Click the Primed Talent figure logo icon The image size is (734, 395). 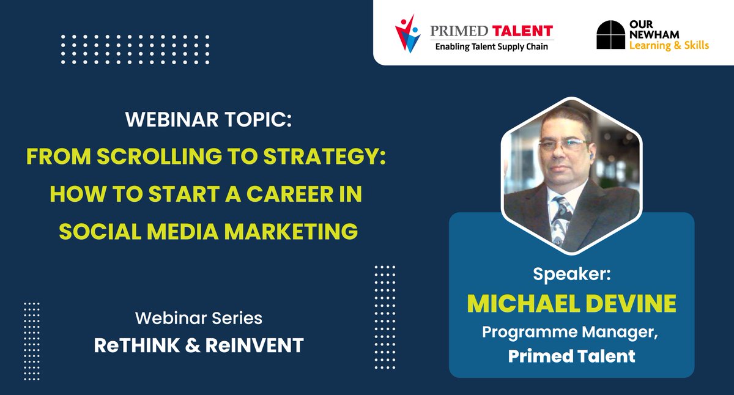click(x=408, y=34)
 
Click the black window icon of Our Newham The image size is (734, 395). click(x=611, y=35)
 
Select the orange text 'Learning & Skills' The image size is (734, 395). click(x=669, y=45)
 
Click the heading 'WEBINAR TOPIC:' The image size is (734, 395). click(x=209, y=120)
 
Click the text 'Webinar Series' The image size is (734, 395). click(x=198, y=318)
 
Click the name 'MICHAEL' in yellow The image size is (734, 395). click(x=522, y=304)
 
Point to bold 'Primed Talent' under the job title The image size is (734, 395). click(x=572, y=356)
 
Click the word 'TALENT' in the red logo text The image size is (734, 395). click(x=524, y=30)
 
